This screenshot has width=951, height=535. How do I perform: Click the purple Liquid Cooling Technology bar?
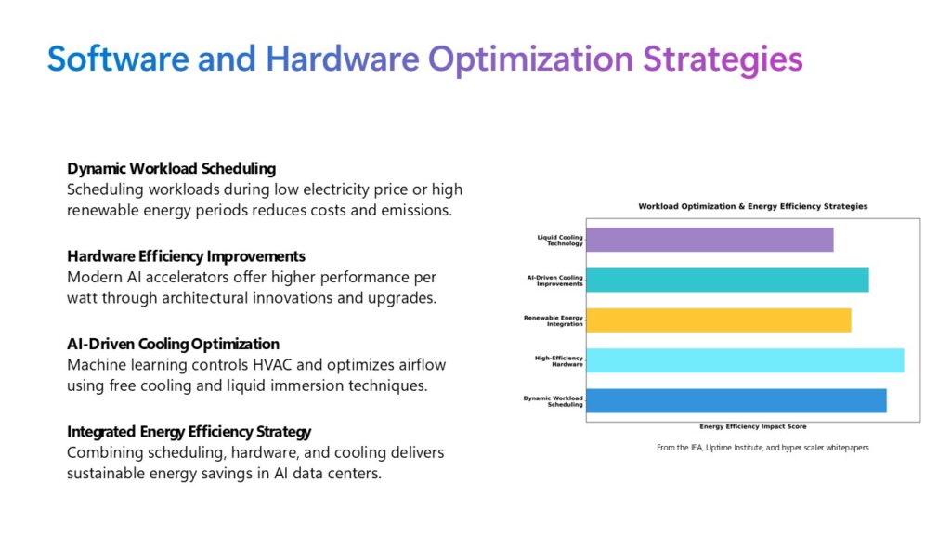(710, 240)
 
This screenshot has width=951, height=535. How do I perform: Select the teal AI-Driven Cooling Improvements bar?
(727, 280)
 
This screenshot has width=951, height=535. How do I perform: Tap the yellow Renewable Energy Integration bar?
(719, 320)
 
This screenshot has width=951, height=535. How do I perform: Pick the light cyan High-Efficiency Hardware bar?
(745, 360)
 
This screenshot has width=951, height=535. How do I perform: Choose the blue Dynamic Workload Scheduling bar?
(736, 400)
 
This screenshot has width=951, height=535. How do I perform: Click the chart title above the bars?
(752, 206)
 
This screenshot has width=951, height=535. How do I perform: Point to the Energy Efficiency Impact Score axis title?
(752, 426)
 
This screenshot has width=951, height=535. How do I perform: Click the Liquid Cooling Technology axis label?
(560, 240)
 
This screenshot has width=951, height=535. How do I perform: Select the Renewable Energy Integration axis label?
(554, 320)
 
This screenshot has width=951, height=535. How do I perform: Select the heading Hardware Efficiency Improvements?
(186, 256)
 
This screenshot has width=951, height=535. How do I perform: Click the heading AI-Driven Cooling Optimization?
(173, 344)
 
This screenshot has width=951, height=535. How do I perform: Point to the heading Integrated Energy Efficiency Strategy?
(189, 432)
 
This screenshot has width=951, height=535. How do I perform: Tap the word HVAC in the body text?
(266, 363)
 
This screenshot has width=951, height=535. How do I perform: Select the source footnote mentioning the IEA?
(762, 448)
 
